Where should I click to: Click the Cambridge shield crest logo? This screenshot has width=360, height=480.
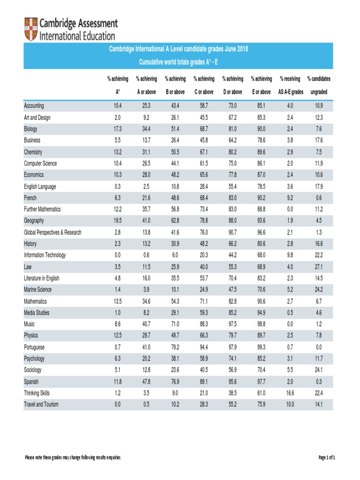pyautogui.click(x=31, y=29)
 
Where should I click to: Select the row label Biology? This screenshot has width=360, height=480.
pyautogui.click(x=31, y=129)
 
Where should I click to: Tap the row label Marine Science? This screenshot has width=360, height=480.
pyautogui.click(x=38, y=290)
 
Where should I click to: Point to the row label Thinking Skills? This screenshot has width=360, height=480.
pyautogui.click(x=37, y=393)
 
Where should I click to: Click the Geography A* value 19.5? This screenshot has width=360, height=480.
pyautogui.click(x=118, y=221)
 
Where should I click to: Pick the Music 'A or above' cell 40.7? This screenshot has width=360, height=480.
pyautogui.click(x=146, y=324)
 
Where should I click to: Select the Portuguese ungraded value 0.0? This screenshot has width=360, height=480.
pyautogui.click(x=319, y=347)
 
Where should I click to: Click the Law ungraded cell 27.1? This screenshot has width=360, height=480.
pyautogui.click(x=319, y=267)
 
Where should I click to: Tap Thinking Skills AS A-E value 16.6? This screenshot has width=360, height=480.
pyautogui.click(x=291, y=393)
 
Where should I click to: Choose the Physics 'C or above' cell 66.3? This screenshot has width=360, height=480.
pyautogui.click(x=204, y=336)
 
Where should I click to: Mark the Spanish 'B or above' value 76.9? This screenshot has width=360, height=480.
pyautogui.click(x=175, y=382)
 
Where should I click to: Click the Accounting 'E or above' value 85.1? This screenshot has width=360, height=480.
pyautogui.click(x=262, y=106)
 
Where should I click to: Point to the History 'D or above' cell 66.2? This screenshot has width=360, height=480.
pyautogui.click(x=232, y=244)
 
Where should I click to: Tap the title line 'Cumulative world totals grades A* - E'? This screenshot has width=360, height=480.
pyautogui.click(x=179, y=62)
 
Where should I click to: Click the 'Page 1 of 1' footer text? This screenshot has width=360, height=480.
pyautogui.click(x=327, y=457)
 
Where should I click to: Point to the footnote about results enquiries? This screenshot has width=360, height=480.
pyautogui.click(x=73, y=457)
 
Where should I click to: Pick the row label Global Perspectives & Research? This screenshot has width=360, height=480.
pyautogui.click(x=52, y=232)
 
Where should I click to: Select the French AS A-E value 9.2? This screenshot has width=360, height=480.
pyautogui.click(x=291, y=198)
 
